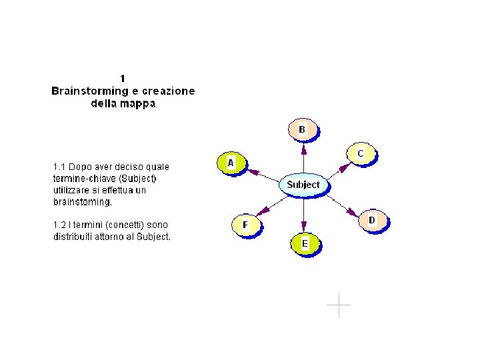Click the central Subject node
pos(303,185)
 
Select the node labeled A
pos(231,163)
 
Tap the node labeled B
pos(302,129)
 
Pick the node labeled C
pos(361,153)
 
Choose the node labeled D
pos(372,220)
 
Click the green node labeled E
pos(305,244)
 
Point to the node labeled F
pos(245,225)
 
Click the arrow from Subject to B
pos(303,159)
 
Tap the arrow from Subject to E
pos(304,213)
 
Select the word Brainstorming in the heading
pos(89,91)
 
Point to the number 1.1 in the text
pos(60,166)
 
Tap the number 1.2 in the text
pos(60,225)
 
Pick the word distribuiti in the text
pos(75,237)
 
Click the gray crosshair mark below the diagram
pos(339,305)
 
